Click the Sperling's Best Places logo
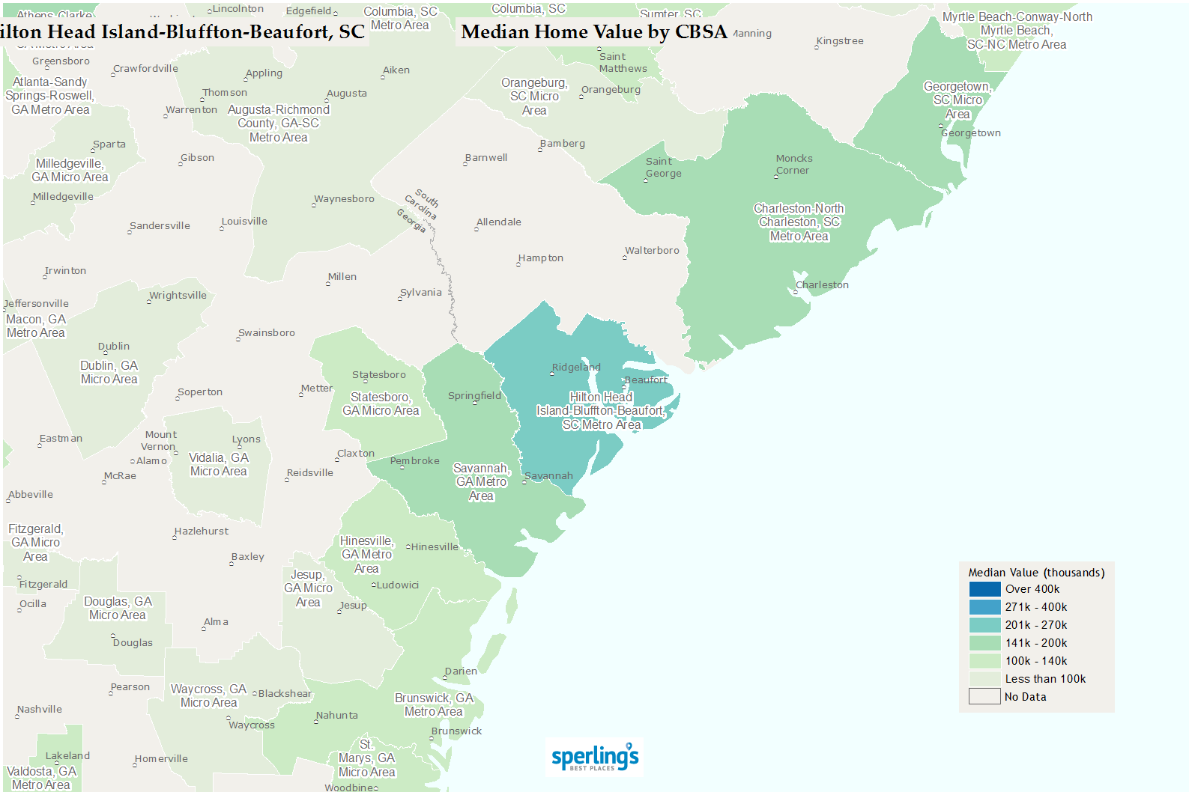pos(595,758)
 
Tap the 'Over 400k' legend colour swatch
pos(984,589)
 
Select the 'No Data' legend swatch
pos(984,697)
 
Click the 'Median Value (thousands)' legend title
pos(1036,573)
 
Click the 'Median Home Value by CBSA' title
pos(594,32)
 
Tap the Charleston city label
pos(822,285)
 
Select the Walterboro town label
pos(652,251)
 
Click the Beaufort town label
pos(646,380)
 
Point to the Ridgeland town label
pos(576,368)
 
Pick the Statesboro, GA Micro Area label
pos(381,404)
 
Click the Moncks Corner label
pos(793,165)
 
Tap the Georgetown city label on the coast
pos(971,133)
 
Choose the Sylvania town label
pos(421,293)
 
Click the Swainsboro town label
pos(267,333)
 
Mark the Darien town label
pos(461,671)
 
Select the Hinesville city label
pos(435,547)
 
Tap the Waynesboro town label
pos(344,199)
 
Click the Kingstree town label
pos(840,41)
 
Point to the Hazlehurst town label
pos(202,531)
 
